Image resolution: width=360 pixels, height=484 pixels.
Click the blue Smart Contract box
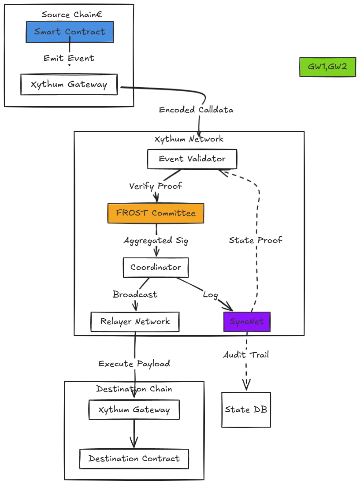70,32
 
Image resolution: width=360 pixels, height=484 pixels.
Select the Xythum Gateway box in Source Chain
69,84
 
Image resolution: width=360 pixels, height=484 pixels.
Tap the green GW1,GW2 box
327,67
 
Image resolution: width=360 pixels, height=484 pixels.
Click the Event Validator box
192,159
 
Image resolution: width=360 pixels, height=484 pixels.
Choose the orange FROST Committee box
156,213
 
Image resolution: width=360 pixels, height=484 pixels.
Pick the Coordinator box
156,268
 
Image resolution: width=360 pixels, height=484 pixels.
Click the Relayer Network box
135,322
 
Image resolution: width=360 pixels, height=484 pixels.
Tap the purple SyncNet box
247,322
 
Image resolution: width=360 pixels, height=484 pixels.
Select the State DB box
246,410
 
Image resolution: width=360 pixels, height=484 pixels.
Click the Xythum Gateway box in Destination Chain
134,410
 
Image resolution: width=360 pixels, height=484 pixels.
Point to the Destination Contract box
134,459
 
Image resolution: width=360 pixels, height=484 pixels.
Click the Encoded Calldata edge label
196,110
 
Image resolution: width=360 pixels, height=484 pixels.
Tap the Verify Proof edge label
156,186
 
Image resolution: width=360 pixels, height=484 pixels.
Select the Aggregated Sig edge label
156,241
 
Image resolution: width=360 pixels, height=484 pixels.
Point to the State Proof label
256,240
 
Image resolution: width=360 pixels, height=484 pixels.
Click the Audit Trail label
246,355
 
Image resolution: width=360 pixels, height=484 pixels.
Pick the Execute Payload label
134,364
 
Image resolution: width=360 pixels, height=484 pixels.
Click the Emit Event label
69,58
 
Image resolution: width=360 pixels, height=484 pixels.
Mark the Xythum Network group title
189,139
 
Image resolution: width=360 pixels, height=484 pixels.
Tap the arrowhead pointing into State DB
246,386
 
